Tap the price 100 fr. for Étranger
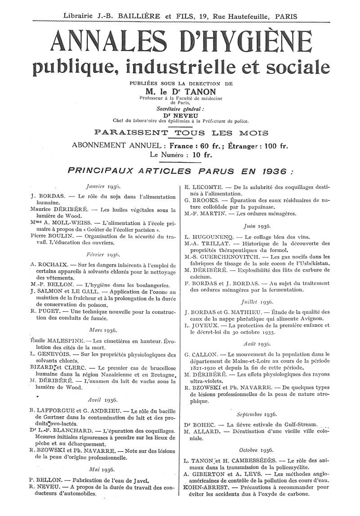coord(276,146)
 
